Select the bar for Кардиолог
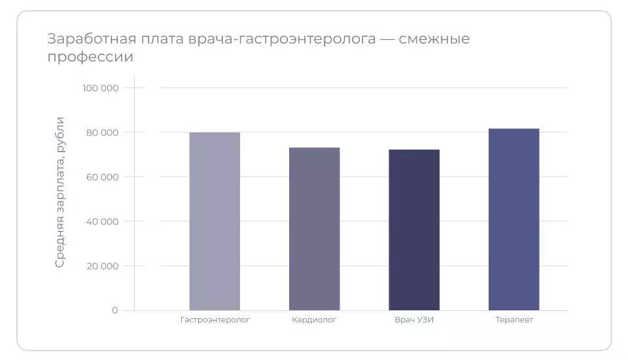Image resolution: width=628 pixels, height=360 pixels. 314,228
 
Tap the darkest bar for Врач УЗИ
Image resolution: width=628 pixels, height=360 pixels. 414,230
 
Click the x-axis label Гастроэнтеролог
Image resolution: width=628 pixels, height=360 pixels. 215,320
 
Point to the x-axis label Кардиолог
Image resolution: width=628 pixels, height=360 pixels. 314,320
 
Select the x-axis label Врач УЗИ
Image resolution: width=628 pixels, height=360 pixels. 414,320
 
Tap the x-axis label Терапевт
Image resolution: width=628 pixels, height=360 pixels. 514,320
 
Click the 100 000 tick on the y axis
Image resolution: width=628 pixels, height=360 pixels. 100,88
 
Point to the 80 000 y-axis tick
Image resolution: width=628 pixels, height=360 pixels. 102,132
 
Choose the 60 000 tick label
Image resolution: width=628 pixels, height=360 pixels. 102,177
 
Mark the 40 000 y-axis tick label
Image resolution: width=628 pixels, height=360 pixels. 102,221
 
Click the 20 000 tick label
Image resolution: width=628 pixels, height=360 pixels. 102,266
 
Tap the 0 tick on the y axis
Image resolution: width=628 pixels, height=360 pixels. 114,310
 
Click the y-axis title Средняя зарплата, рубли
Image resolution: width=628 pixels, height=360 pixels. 60,192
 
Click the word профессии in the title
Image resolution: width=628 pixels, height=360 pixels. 90,57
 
